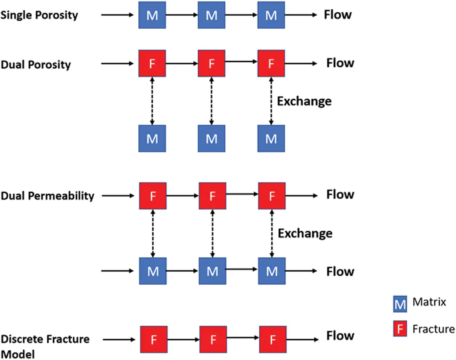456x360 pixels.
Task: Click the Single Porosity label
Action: coord(39,15)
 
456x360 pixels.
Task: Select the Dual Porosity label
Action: coord(36,65)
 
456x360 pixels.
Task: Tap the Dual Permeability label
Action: coord(47,196)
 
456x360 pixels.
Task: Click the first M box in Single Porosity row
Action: coord(152,15)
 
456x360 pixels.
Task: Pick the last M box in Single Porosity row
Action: coord(271,15)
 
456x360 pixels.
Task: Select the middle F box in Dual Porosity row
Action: coord(211,64)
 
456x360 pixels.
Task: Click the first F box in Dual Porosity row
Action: coord(152,64)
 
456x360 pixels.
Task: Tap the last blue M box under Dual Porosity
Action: coord(271,139)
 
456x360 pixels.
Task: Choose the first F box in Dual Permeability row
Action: coord(153,196)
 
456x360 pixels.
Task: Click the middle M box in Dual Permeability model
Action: coord(213,271)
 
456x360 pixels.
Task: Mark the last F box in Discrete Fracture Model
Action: coord(273,340)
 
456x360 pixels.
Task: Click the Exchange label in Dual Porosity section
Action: coord(304,101)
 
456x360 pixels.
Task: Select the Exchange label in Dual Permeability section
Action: coord(305,233)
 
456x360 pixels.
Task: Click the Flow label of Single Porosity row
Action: coord(338,15)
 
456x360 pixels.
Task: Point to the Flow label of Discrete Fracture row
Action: coord(340,335)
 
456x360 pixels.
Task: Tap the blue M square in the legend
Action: coord(400,304)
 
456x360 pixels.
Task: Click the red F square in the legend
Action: coord(400,329)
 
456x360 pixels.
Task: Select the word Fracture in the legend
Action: coord(433,329)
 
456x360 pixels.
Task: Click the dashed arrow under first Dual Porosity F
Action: coord(152,101)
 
